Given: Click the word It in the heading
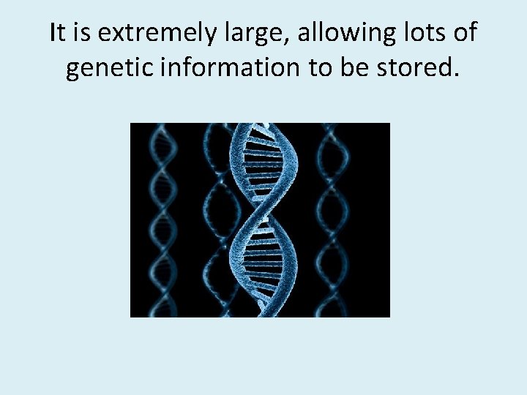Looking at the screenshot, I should coord(57,33).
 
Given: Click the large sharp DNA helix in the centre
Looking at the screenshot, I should coord(263,219).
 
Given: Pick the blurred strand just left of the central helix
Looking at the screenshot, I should coord(216,219).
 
